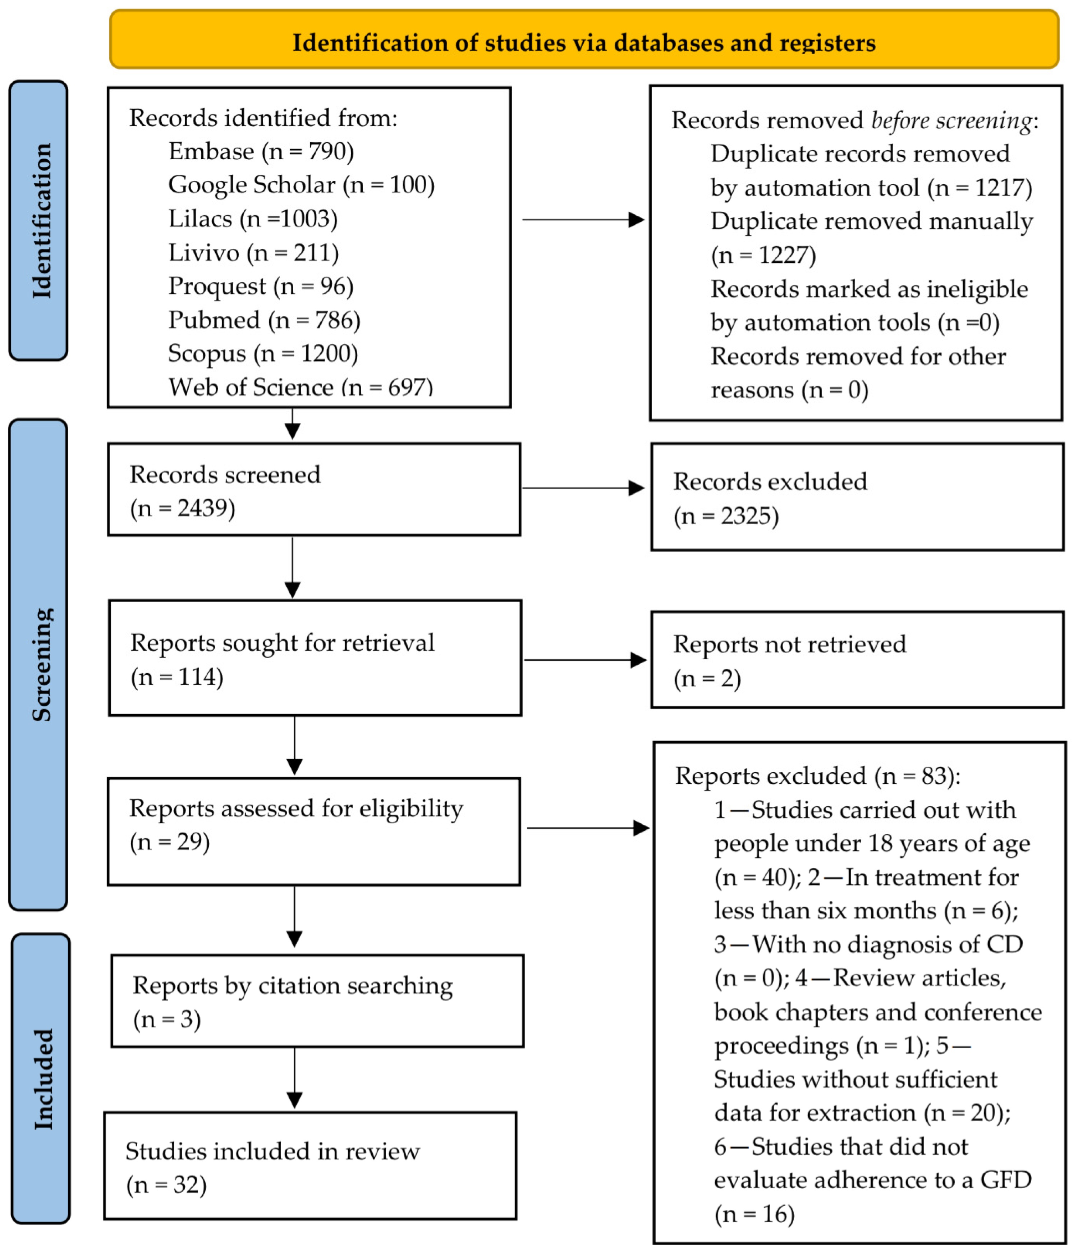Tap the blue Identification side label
click(38, 220)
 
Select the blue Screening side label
click(38, 664)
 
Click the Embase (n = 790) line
click(261, 151)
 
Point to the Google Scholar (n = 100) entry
click(301, 185)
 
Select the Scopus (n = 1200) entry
click(263, 354)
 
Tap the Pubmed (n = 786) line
click(264, 320)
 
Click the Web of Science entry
click(301, 386)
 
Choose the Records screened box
click(314, 489)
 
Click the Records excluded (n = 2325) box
click(858, 497)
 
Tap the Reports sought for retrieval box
click(315, 658)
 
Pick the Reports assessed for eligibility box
click(314, 832)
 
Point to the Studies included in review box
click(310, 1166)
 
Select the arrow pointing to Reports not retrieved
click(585, 660)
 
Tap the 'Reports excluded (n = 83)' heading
click(818, 776)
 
